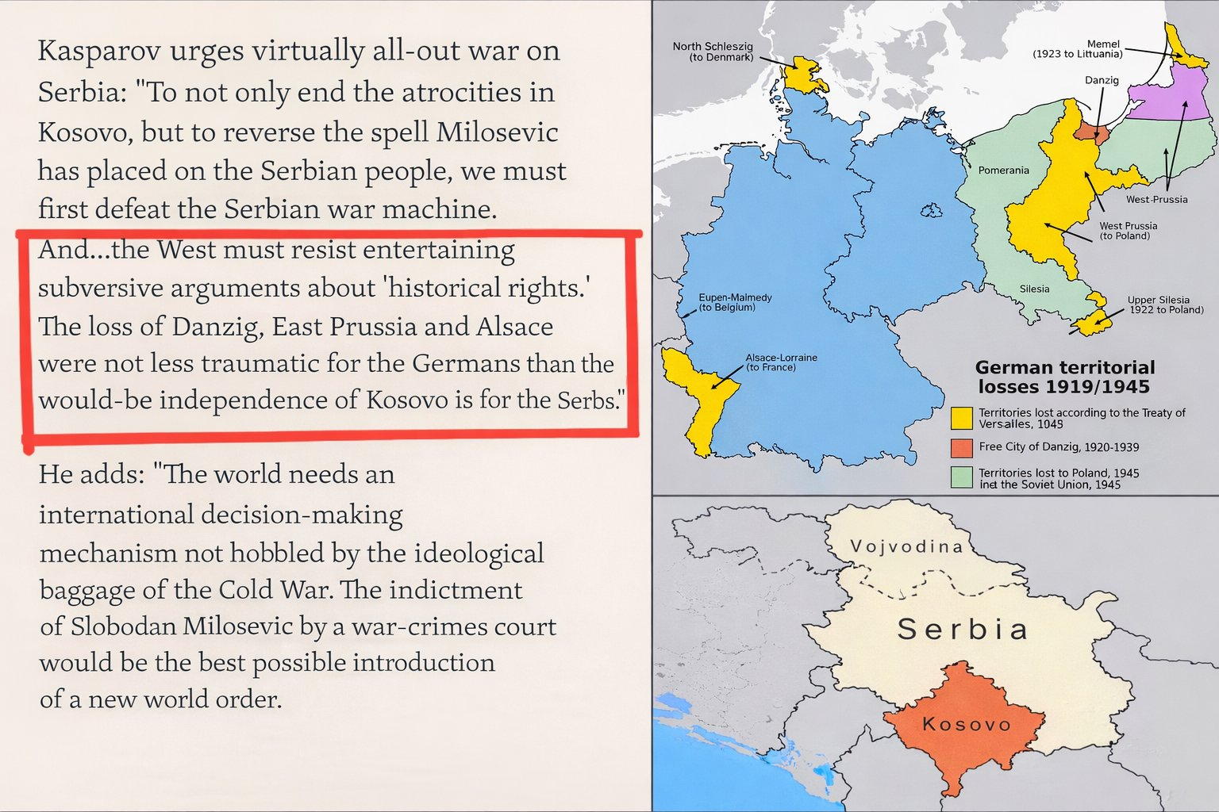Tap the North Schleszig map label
pos(712,52)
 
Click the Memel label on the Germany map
pos(1102,44)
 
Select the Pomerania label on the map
pos(1003,170)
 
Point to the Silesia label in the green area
pos(1034,289)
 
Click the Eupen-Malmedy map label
pos(734,302)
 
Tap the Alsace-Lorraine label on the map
pos(780,362)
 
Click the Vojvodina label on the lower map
pos(906,546)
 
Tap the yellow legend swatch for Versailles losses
pos(961,418)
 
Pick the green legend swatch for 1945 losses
pos(961,477)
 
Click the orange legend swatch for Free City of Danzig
pos(961,447)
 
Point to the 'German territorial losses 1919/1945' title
pos(1064,377)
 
